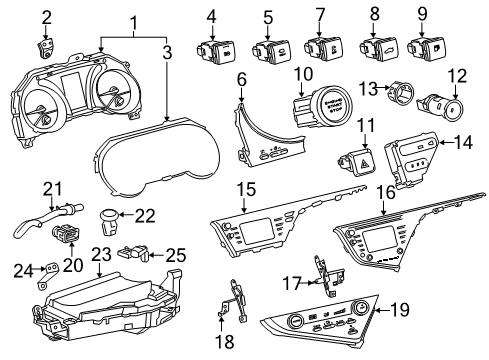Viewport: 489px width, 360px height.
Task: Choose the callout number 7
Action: coord(320,15)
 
